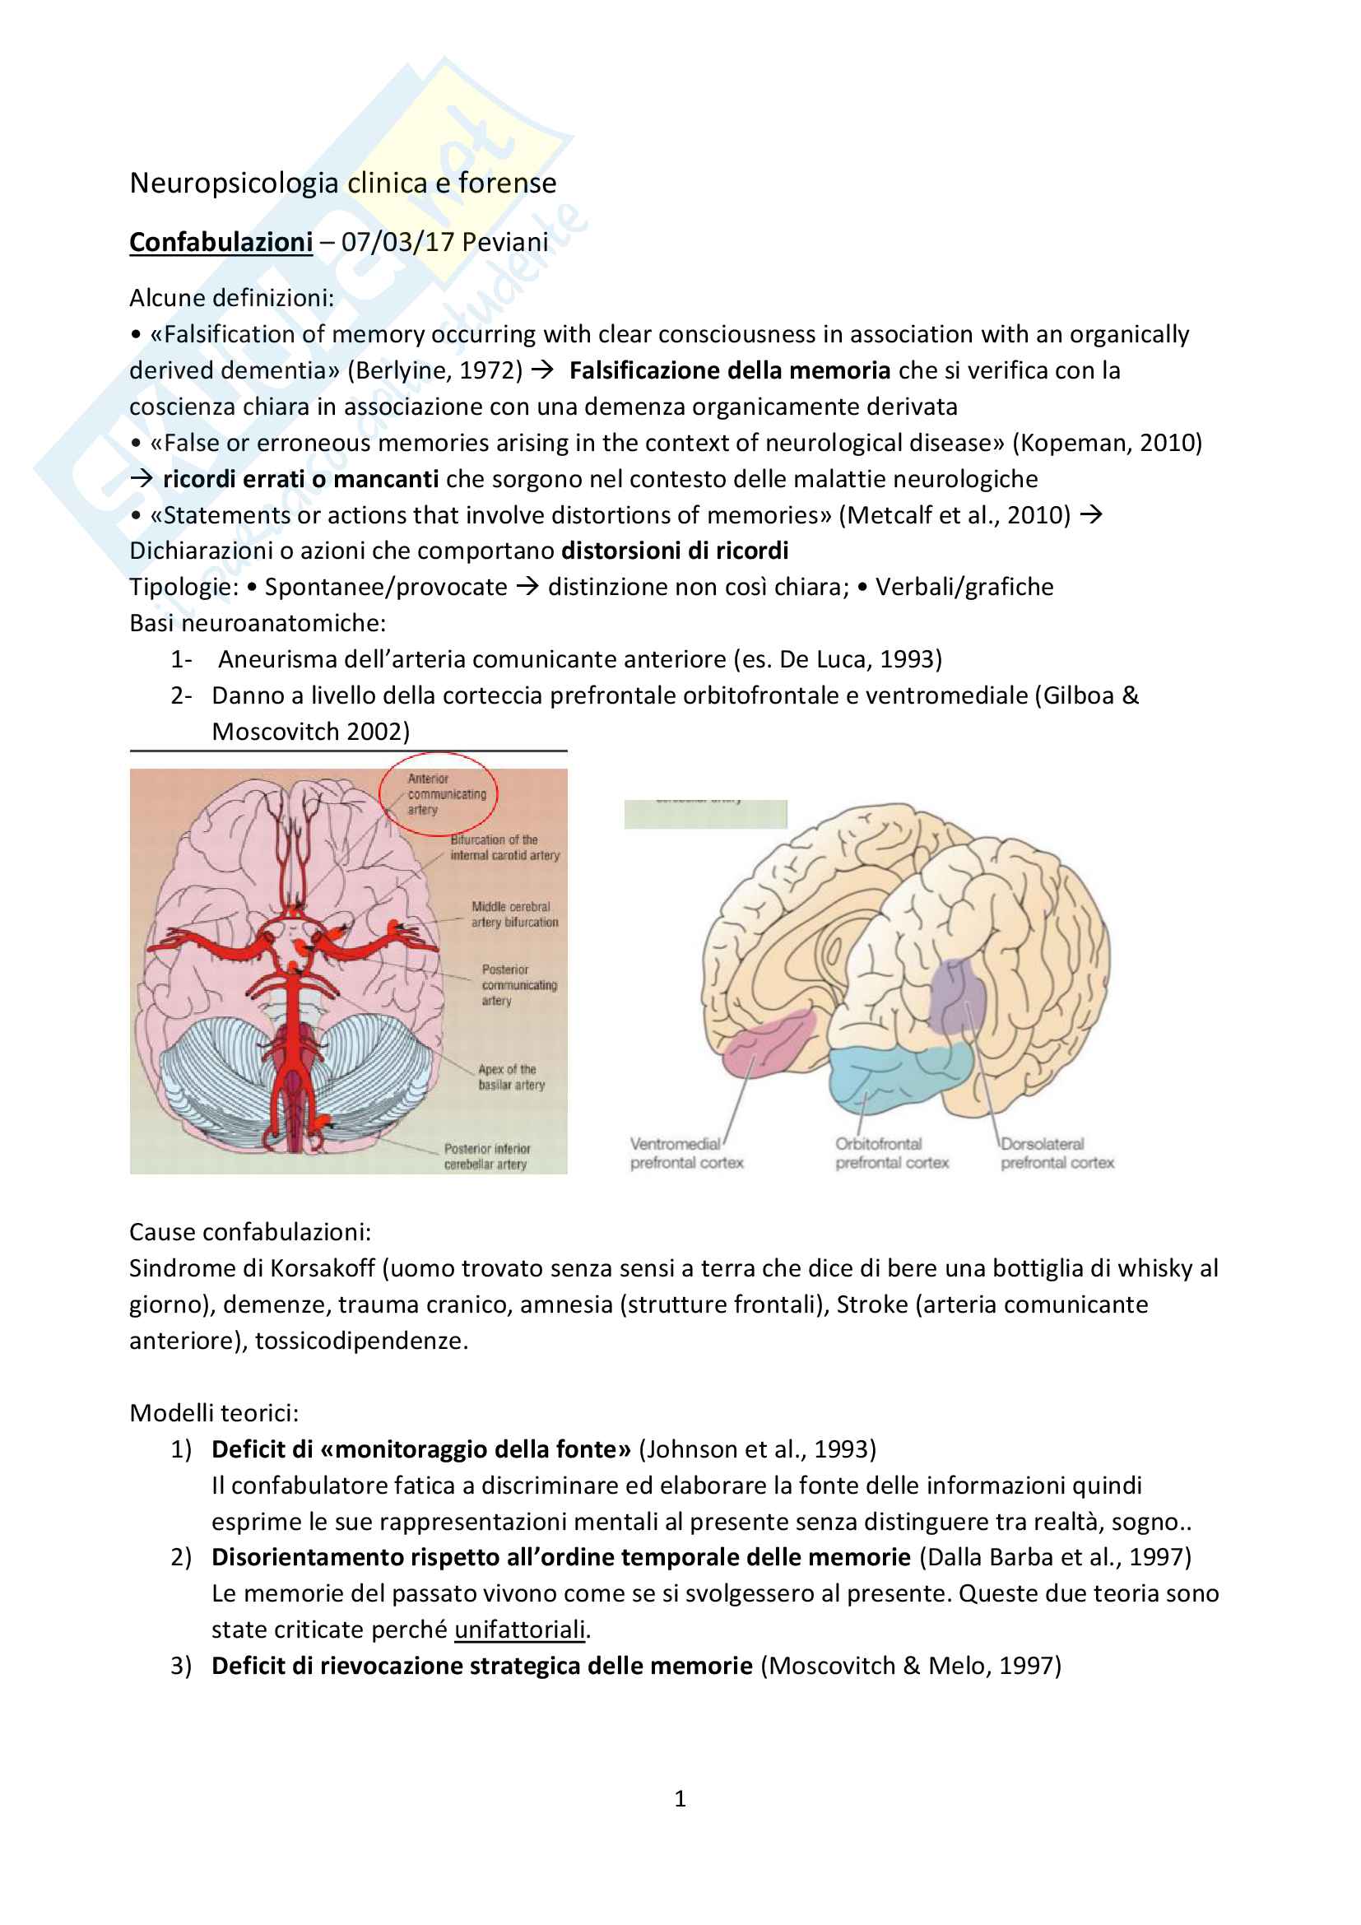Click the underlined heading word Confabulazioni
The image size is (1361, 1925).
tap(221, 242)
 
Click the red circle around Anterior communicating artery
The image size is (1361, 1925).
tap(439, 793)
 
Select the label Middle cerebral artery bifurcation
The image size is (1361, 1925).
tap(513, 914)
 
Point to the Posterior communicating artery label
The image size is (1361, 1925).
tap(518, 985)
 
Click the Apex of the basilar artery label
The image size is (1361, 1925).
tap(511, 1077)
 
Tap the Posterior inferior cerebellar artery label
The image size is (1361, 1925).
tap(486, 1157)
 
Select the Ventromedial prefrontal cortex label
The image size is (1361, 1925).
tap(686, 1154)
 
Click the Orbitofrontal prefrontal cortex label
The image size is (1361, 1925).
tap(891, 1154)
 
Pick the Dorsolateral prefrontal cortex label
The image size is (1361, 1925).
tap(1057, 1154)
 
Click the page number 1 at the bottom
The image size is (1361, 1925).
tap(680, 1798)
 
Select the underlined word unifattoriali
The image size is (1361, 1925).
tap(519, 1629)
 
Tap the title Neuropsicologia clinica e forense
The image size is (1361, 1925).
tap(343, 183)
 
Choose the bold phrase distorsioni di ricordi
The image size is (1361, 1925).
tap(675, 551)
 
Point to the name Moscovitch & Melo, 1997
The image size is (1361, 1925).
tap(911, 1665)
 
